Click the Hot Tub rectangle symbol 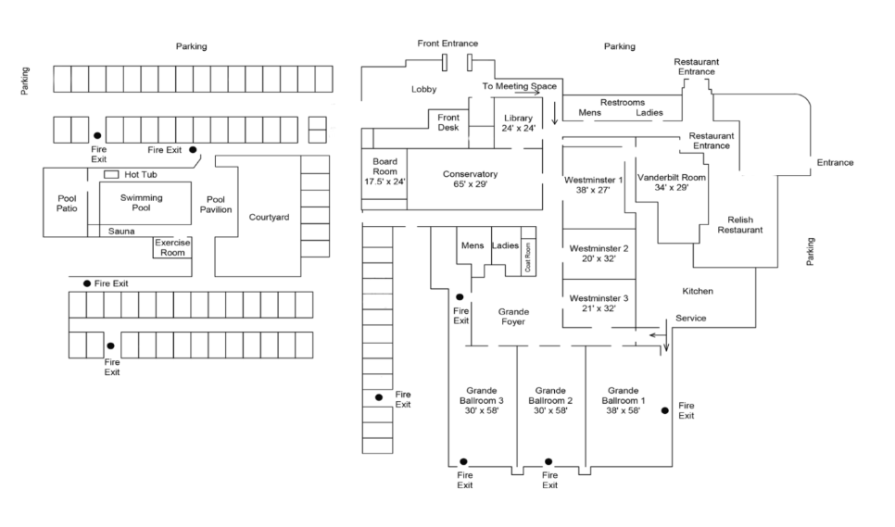pyautogui.click(x=111, y=174)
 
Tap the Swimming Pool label pyautogui.click(x=141, y=203)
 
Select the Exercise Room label pyautogui.click(x=172, y=247)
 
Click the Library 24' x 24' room pyautogui.click(x=518, y=123)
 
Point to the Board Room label pyautogui.click(x=384, y=166)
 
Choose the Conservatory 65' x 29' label pyautogui.click(x=470, y=179)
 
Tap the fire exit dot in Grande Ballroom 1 pyautogui.click(x=665, y=410)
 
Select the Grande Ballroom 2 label pyautogui.click(x=550, y=400)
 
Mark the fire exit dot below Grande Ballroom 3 pyautogui.click(x=463, y=461)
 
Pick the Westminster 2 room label pyautogui.click(x=599, y=253)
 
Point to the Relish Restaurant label pyautogui.click(x=739, y=225)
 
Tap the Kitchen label pyautogui.click(x=698, y=291)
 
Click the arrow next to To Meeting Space pyautogui.click(x=527, y=93)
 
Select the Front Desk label pyautogui.click(x=448, y=122)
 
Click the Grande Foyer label pyautogui.click(x=513, y=317)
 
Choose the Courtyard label pyautogui.click(x=269, y=218)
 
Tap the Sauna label pyautogui.click(x=121, y=231)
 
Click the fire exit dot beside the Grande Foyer pyautogui.click(x=460, y=297)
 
